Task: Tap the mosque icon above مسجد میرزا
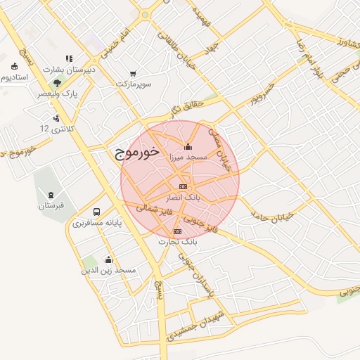pyautogui.click(x=188, y=148)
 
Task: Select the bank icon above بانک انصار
pyautogui.click(x=183, y=186)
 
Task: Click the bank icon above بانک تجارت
pyautogui.click(x=177, y=231)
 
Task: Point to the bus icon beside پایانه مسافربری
pyautogui.click(x=96, y=212)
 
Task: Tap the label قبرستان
pyautogui.click(x=51, y=205)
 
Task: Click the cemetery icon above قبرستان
pyautogui.click(x=51, y=195)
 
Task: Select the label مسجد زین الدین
pyautogui.click(x=108, y=270)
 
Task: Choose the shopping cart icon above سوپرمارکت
pyautogui.click(x=134, y=73)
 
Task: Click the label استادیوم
pyautogui.click(x=14, y=77)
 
